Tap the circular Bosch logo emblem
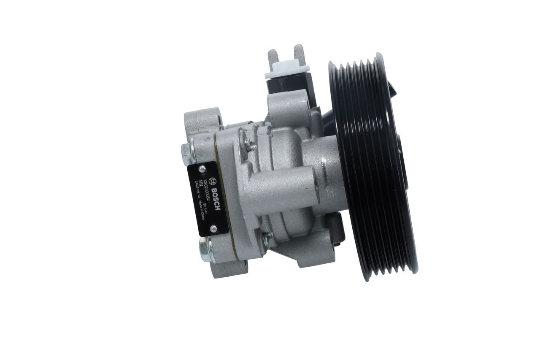point(216,180)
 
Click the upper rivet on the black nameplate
point(202,169)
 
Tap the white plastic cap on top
point(287,70)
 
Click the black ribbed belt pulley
point(371,167)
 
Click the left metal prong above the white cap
point(273,57)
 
